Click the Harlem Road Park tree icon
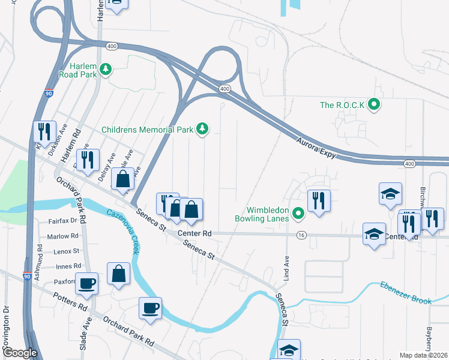coord(106,70)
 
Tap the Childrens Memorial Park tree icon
coord(203,128)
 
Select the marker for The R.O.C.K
coord(375,105)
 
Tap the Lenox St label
coord(67,251)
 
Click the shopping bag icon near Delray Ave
coord(122,178)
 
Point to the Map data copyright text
coord(423,355)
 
